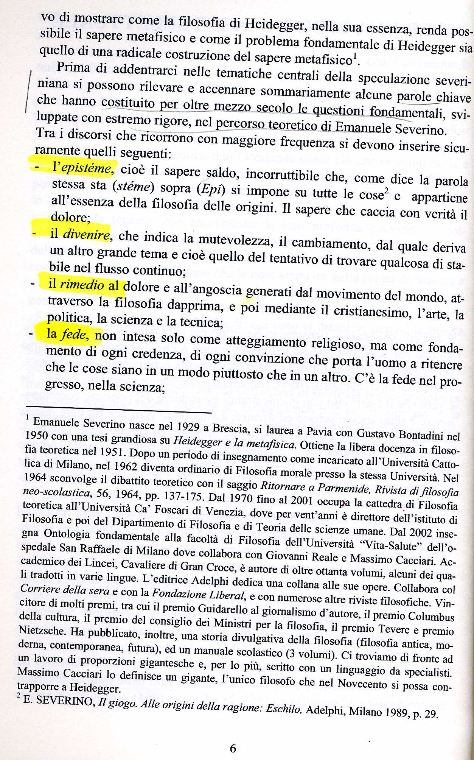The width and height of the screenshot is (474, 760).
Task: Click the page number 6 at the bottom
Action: pyautogui.click(x=233, y=748)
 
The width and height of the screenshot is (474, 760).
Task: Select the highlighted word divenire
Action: pyautogui.click(x=86, y=235)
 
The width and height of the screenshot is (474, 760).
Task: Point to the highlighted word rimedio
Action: pyautogui.click(x=82, y=284)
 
